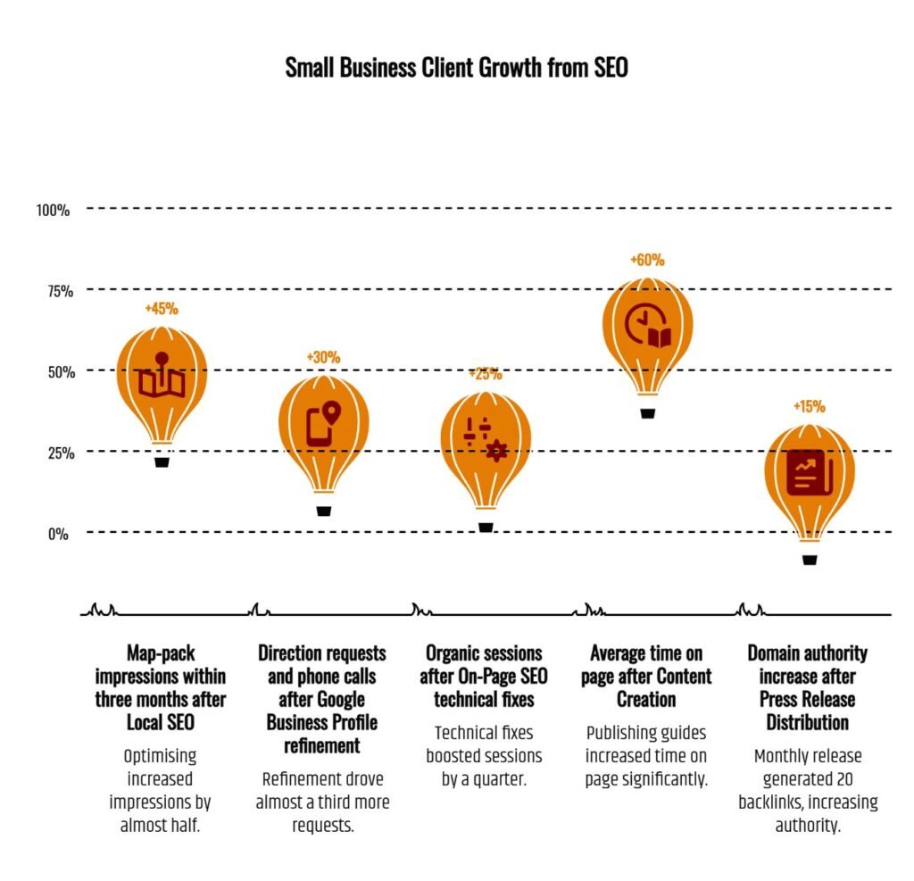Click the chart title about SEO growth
click(x=456, y=68)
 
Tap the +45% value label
click(x=162, y=309)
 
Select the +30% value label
click(x=323, y=357)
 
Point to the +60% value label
click(x=647, y=260)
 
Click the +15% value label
click(x=809, y=406)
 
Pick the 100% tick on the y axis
click(x=54, y=210)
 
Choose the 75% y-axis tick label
click(x=56, y=290)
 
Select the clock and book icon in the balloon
click(x=647, y=327)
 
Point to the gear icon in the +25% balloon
click(x=496, y=451)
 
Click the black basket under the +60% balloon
click(x=648, y=412)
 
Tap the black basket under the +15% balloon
click(x=810, y=560)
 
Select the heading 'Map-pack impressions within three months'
click(x=161, y=686)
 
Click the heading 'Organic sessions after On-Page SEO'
click(x=484, y=676)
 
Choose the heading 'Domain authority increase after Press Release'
click(x=807, y=686)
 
